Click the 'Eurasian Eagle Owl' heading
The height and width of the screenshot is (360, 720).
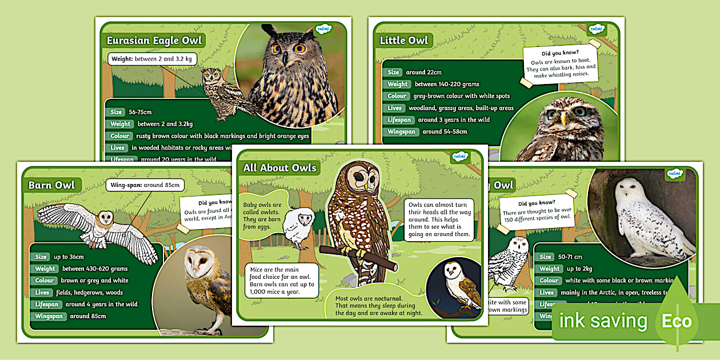click(154, 41)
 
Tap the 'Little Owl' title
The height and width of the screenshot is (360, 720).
click(403, 40)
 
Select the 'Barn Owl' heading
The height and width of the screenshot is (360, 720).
click(52, 185)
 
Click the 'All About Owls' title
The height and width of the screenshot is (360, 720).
click(279, 167)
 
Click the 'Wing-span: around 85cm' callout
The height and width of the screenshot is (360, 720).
click(145, 185)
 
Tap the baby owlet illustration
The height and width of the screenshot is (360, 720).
click(298, 227)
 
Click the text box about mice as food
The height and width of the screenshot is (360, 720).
click(281, 281)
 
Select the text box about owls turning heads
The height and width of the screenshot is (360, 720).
click(439, 218)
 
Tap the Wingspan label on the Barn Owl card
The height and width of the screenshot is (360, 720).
click(49, 316)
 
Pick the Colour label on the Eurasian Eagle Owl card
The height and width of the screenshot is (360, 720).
click(119, 136)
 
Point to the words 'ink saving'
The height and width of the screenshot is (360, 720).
click(603, 321)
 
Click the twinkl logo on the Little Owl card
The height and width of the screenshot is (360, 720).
click(597, 29)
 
